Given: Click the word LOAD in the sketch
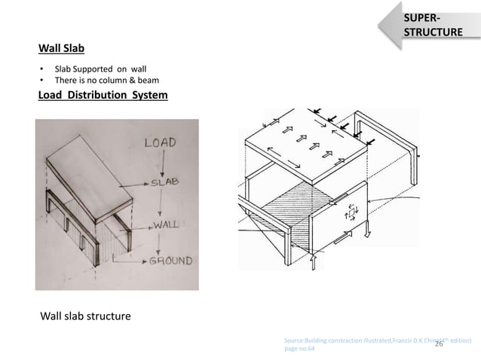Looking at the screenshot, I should (x=161, y=142).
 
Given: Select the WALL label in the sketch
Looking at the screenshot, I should (x=168, y=224).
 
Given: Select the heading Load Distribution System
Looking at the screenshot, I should (x=103, y=95).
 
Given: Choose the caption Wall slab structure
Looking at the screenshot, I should (x=84, y=316).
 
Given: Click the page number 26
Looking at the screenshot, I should (x=439, y=345).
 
